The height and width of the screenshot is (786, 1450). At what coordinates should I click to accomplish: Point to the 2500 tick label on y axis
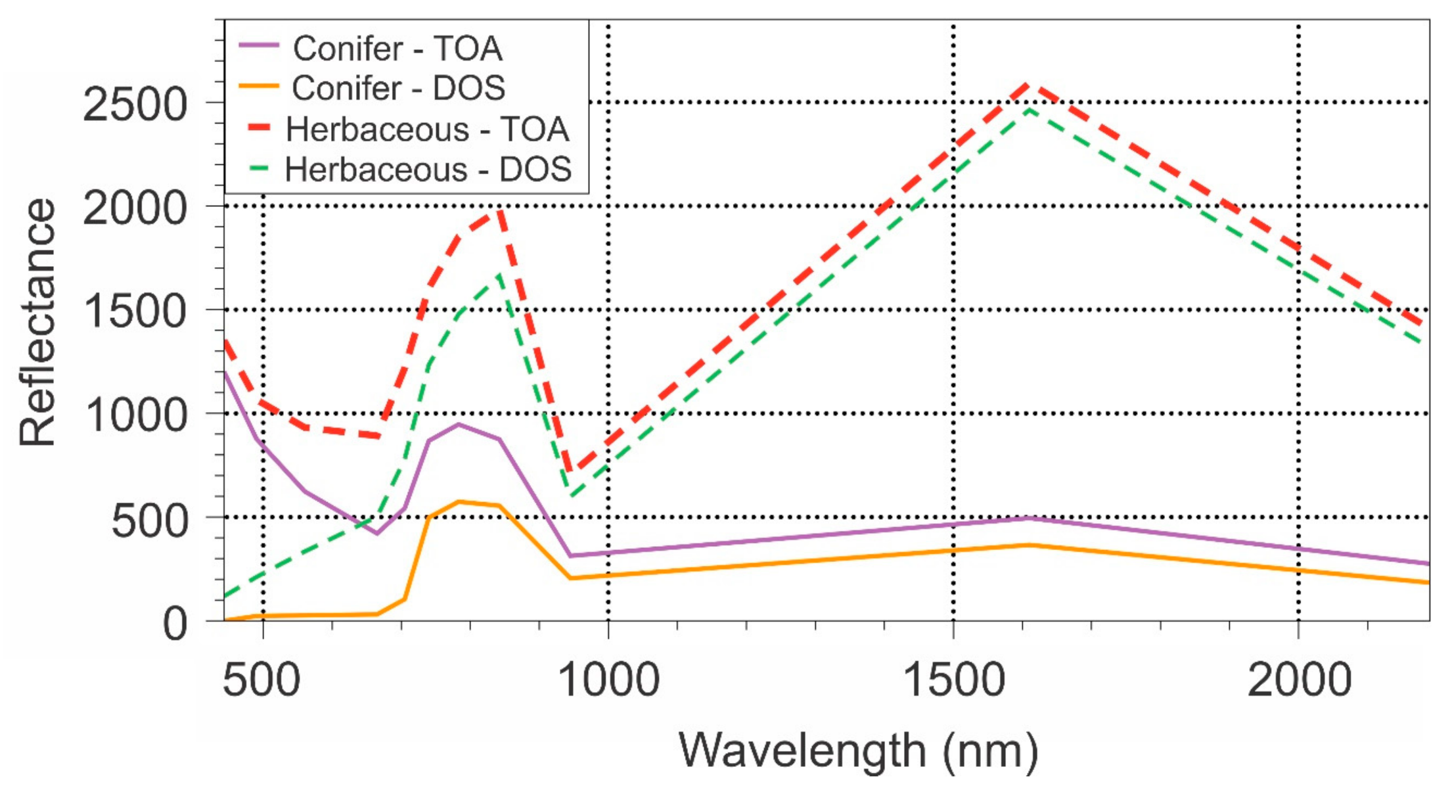click(135, 104)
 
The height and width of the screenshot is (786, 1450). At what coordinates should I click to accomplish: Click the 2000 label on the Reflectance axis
click(135, 208)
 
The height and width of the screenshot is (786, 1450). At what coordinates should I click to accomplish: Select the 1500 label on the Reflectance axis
click(135, 312)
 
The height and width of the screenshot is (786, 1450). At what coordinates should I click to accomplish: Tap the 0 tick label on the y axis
click(175, 624)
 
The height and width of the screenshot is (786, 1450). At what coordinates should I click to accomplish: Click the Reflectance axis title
click(37, 322)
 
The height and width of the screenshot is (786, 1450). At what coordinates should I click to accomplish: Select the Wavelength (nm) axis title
click(858, 751)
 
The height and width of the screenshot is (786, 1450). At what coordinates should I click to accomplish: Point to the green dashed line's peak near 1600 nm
click(1030, 109)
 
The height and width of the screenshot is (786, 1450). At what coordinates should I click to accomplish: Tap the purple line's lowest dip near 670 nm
click(376, 533)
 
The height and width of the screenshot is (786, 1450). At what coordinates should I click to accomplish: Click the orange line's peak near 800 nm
click(459, 501)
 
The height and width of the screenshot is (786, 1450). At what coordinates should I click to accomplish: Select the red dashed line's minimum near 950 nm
click(570, 471)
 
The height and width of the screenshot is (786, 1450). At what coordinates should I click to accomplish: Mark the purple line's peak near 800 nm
click(459, 424)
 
